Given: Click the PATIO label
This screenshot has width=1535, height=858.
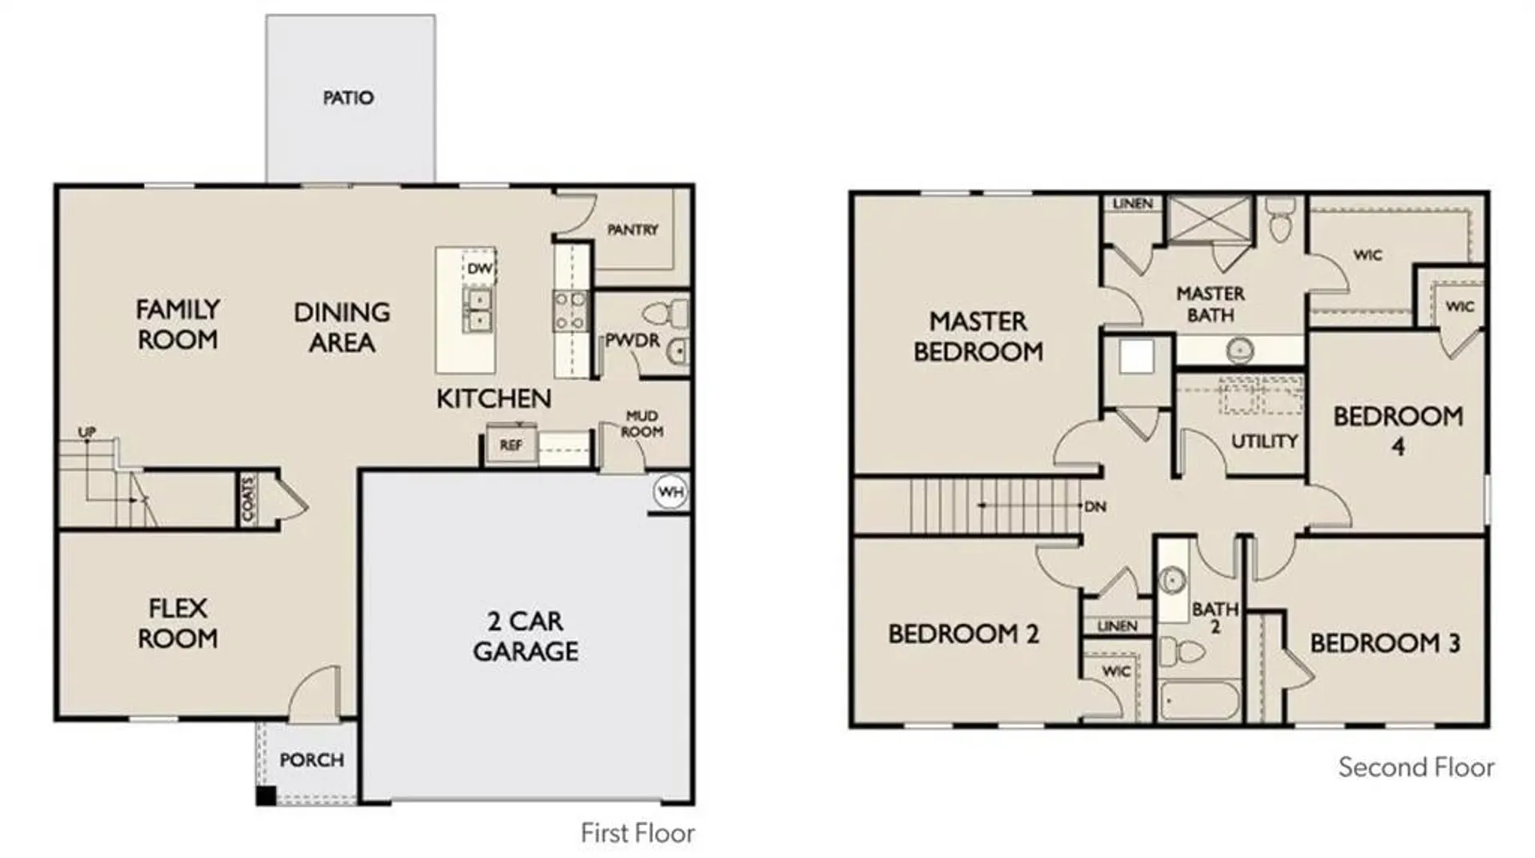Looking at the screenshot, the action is tap(348, 98).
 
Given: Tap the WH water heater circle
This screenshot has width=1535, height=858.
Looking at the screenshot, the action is tap(670, 491).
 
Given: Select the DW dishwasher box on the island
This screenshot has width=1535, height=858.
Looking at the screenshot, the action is tap(479, 269).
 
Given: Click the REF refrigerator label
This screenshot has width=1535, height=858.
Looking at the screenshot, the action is tap(511, 445).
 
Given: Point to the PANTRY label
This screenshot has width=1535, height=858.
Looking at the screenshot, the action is tap(632, 229).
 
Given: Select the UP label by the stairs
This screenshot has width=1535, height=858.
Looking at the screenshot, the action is tap(86, 432).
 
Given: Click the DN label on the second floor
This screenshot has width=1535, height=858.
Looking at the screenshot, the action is tap(1095, 506).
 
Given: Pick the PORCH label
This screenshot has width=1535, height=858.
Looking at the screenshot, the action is tap(312, 760).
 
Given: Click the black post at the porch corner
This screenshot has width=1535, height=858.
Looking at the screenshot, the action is tap(266, 796).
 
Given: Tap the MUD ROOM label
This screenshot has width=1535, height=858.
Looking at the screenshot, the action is tap(642, 424).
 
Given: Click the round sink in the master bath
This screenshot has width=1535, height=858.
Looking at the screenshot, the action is tap(1240, 349).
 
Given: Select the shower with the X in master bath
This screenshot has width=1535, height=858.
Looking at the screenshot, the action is tap(1210, 217).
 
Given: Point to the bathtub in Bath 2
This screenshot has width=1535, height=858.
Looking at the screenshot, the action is tap(1201, 701).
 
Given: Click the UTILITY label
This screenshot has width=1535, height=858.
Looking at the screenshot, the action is tap(1264, 441).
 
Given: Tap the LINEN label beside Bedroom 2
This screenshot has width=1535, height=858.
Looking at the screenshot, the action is tap(1117, 625).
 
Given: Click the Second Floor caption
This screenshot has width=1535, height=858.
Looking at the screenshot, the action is tap(1416, 768).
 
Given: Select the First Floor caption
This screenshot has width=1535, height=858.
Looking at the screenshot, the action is tap(637, 833).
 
